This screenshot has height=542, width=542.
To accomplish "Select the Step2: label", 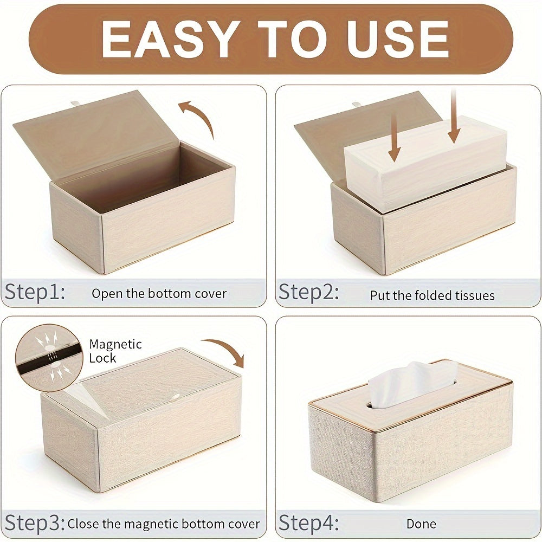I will (308, 293).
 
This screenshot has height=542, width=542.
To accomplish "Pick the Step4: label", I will (308, 524).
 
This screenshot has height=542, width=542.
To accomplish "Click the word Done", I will (421, 524).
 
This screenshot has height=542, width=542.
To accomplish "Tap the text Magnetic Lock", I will (115, 351).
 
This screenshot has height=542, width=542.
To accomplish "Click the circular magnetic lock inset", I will (49, 358).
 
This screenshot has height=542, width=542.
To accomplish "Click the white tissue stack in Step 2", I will (428, 163).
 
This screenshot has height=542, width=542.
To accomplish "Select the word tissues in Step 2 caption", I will (472, 295).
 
